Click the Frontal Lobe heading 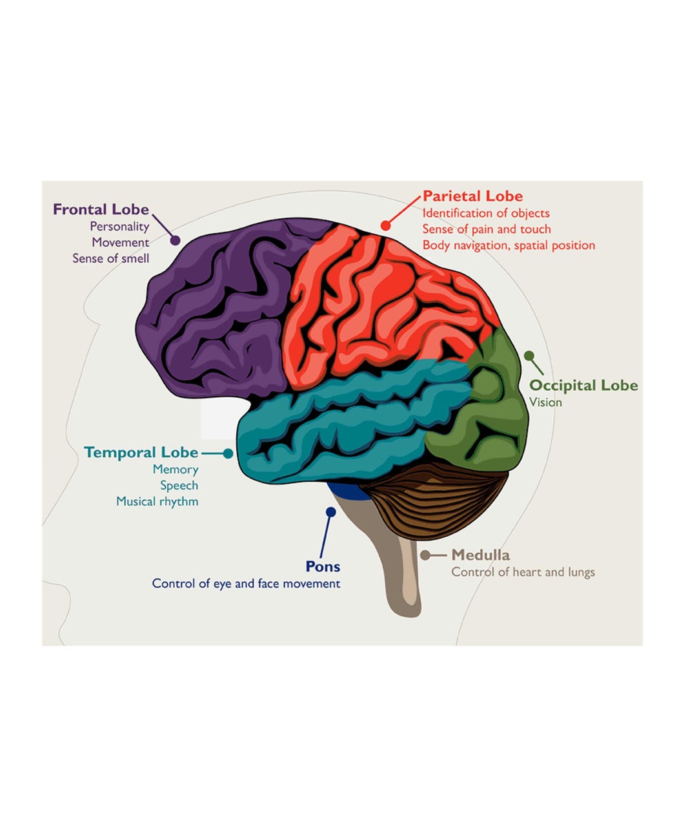pyautogui.click(x=101, y=209)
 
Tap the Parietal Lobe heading pyautogui.click(x=472, y=196)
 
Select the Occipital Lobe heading pyautogui.click(x=583, y=386)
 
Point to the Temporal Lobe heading pyautogui.click(x=141, y=452)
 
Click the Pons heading pyautogui.click(x=323, y=566)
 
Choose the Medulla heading pyautogui.click(x=480, y=555)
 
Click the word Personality pyautogui.click(x=119, y=226)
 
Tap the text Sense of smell pyautogui.click(x=110, y=258)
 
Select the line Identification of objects pyautogui.click(x=486, y=213)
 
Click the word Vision pyautogui.click(x=545, y=402)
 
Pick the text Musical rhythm pyautogui.click(x=157, y=501)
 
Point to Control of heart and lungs pyautogui.click(x=523, y=572)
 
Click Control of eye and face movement pyautogui.click(x=246, y=584)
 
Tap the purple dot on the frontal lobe pyautogui.click(x=175, y=240)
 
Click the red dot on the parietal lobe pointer pyautogui.click(x=385, y=225)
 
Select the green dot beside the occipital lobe pyautogui.click(x=529, y=355)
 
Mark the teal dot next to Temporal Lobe pyautogui.click(x=228, y=453)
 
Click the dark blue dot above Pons pyautogui.click(x=330, y=512)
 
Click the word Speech pyautogui.click(x=179, y=486)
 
